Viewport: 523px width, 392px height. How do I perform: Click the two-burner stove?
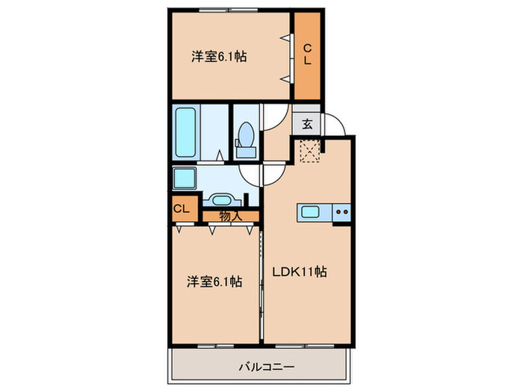coord(341,212)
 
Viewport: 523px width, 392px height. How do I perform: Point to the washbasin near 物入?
coord(220,199)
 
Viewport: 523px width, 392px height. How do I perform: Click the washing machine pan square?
coord(184,180)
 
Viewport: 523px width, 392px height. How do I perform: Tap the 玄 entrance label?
coord(307,123)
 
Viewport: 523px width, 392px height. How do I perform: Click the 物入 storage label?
coord(231,216)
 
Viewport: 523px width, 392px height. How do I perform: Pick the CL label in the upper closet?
coord(307,56)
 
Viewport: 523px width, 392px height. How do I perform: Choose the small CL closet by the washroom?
coord(182,209)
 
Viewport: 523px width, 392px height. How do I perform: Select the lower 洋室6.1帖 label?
coord(214,281)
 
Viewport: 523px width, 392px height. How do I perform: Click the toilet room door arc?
coord(273,118)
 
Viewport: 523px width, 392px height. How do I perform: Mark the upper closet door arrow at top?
coord(285,37)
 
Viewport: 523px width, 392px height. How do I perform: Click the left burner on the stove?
coord(338,212)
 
